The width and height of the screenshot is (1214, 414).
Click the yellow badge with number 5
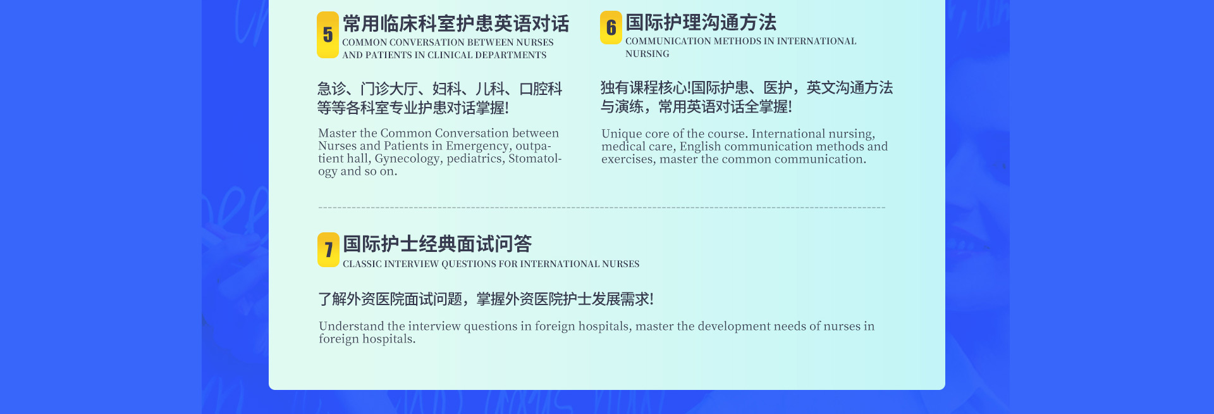pos(328,35)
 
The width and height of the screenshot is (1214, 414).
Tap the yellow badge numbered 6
pos(611,28)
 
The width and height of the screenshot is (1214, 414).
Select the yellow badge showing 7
pos(328,249)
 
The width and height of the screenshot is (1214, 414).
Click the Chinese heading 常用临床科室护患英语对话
pos(456,24)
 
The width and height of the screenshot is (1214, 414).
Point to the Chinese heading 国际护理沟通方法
pos(701,23)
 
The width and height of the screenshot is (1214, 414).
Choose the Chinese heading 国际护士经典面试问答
pos(437,244)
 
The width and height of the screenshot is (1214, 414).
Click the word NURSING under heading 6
pos(647,54)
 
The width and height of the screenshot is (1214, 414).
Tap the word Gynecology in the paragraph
pos(407,159)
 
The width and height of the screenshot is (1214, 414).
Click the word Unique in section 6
pos(622,134)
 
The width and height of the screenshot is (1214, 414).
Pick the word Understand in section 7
pos(351,326)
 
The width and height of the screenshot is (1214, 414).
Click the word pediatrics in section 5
pos(475,159)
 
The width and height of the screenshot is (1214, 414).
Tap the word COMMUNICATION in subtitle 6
pos(668,41)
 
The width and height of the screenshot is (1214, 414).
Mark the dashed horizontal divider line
pos(602,208)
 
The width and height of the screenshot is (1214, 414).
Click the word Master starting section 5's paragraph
pos(337,134)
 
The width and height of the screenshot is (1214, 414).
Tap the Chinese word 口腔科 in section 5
pos(541,89)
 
